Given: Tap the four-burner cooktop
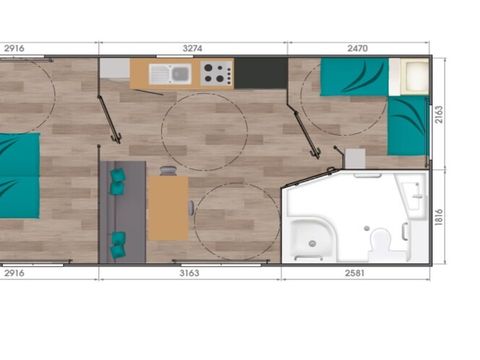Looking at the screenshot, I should [215, 73].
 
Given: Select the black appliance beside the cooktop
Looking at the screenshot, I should [260, 72].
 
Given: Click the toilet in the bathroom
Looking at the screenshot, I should [380, 243].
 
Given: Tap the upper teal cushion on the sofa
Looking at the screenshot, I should [118, 181].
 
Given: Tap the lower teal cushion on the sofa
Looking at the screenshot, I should [119, 240].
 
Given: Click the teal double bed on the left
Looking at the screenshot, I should [18, 176].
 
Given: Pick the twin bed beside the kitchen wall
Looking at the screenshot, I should [353, 77].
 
